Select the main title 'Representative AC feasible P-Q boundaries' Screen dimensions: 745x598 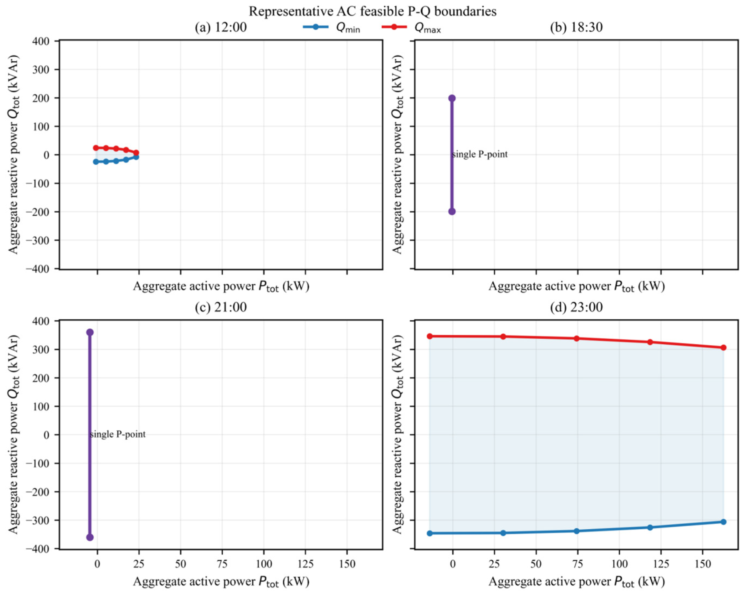[372, 11]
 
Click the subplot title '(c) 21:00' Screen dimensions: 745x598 [221, 307]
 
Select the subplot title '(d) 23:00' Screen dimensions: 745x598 [576, 307]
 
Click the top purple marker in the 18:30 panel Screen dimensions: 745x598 [452, 98]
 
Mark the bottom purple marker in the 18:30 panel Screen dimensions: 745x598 [452, 211]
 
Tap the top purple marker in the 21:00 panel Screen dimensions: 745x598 [90, 332]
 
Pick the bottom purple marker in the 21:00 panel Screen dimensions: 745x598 [90, 537]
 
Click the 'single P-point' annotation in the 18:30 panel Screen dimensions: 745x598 [480, 154]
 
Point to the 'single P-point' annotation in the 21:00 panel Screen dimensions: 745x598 [118, 434]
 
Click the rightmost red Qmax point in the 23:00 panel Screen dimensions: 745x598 [723, 348]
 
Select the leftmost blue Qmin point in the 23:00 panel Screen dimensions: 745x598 [430, 533]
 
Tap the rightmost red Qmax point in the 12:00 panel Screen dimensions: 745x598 [136, 152]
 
